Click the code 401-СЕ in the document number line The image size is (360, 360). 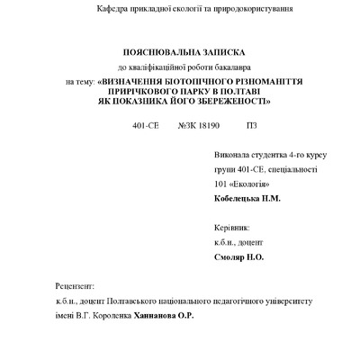point(142,125)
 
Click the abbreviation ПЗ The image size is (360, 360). point(251,125)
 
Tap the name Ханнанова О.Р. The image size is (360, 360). point(164,316)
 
